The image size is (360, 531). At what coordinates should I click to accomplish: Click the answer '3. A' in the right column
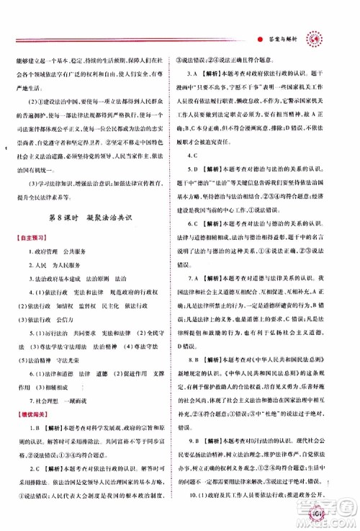[x=194, y=74]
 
